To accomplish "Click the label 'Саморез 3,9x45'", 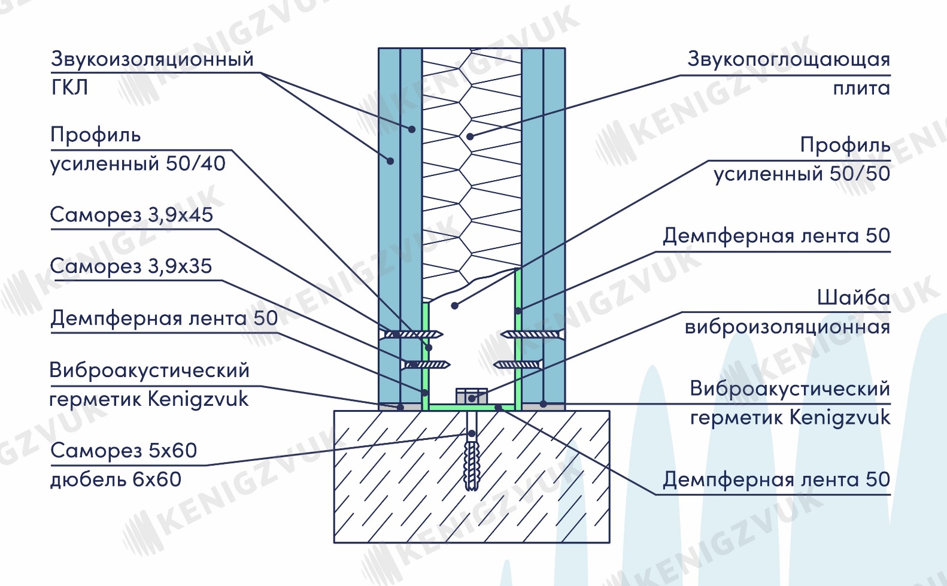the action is (x=132, y=215).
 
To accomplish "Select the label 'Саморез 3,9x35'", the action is (x=131, y=266).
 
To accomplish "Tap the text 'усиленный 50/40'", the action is (x=138, y=164).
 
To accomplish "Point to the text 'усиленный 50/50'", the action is (x=802, y=174).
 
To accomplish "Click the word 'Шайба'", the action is (x=854, y=298).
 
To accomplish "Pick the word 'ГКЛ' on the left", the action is (x=70, y=88).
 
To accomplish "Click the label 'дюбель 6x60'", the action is (x=116, y=479).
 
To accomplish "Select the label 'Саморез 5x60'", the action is (x=124, y=451).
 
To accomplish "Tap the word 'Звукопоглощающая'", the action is (x=789, y=60).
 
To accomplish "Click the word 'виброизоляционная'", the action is (x=788, y=327).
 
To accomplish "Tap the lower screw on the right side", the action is (x=518, y=365).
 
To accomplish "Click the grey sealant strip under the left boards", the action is (x=400, y=407).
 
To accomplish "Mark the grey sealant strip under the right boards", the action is (x=544, y=407).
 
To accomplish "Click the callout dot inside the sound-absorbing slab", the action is (x=470, y=136).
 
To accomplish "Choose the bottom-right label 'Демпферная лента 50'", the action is (x=776, y=479).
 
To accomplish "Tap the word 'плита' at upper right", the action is (x=861, y=89).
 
